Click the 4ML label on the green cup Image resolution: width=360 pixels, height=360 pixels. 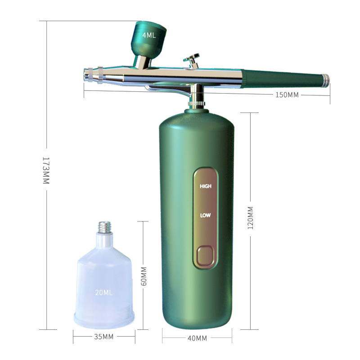(149, 35)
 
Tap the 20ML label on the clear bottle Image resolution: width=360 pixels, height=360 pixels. (104, 292)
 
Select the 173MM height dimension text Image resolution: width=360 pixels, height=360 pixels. (46, 171)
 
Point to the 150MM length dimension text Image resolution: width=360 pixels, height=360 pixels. (287, 95)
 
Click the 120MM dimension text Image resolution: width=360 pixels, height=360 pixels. (250, 218)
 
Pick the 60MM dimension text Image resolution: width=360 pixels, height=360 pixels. (144, 276)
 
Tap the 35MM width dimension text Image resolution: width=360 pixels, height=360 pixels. (104, 337)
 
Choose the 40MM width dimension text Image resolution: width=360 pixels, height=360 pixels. (197, 338)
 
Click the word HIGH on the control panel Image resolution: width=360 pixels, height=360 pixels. (206, 186)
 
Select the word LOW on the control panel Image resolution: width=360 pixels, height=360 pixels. (205, 216)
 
